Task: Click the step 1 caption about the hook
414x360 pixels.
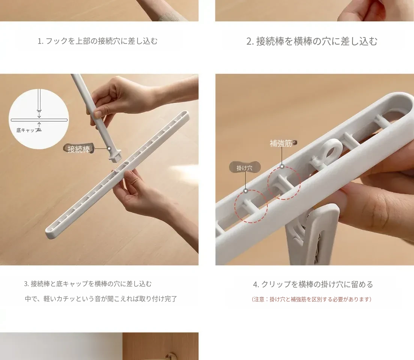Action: (x=97, y=41)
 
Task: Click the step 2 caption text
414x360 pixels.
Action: (x=312, y=41)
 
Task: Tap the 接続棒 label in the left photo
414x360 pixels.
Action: (x=78, y=149)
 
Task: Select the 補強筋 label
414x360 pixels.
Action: (x=280, y=143)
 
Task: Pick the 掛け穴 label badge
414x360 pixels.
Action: (x=244, y=168)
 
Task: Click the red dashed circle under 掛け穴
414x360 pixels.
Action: (x=251, y=206)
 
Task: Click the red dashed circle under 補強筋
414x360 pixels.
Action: (x=284, y=183)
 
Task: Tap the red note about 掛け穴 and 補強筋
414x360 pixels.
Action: (x=312, y=299)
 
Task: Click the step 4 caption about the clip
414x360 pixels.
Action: (x=313, y=285)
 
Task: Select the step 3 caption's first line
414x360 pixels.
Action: (x=88, y=284)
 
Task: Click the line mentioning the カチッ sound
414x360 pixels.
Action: (x=101, y=299)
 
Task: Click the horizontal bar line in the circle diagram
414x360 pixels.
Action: (x=39, y=120)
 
